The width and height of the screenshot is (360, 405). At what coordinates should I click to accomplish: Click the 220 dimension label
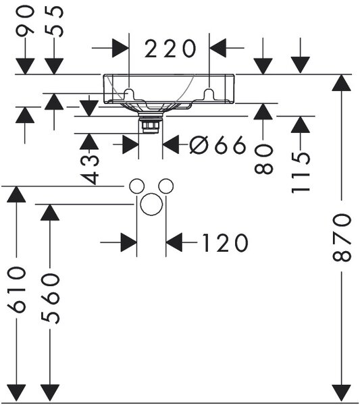coord(170,49)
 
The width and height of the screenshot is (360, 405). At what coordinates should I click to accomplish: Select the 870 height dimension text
coord(342,238)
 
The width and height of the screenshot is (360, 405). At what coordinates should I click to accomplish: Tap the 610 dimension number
coord(16,290)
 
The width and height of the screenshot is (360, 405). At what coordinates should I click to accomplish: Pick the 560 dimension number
coord(50,298)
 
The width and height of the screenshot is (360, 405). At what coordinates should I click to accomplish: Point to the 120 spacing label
coord(225,243)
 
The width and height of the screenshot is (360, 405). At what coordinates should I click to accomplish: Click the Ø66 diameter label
coord(217,144)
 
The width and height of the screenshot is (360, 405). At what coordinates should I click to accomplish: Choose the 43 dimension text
coord(89,169)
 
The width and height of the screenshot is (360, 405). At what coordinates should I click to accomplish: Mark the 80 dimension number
coord(263,159)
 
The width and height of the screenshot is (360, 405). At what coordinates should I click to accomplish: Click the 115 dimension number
coord(301,173)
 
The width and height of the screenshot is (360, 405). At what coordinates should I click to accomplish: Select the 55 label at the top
coord(54,21)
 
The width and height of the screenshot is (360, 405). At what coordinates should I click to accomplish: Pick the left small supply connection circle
coord(136,186)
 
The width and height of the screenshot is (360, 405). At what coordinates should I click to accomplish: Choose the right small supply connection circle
coord(166,186)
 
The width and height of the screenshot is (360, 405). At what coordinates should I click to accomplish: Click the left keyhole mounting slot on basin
coord(129,94)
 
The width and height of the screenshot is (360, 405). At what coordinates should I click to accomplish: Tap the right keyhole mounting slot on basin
coord(209,94)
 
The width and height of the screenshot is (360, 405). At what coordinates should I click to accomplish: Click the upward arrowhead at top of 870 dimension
coord(341,82)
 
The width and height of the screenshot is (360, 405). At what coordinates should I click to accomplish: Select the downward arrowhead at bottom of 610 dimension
coord(16,393)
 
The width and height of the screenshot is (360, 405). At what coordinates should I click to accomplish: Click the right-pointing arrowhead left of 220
coord(121,48)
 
